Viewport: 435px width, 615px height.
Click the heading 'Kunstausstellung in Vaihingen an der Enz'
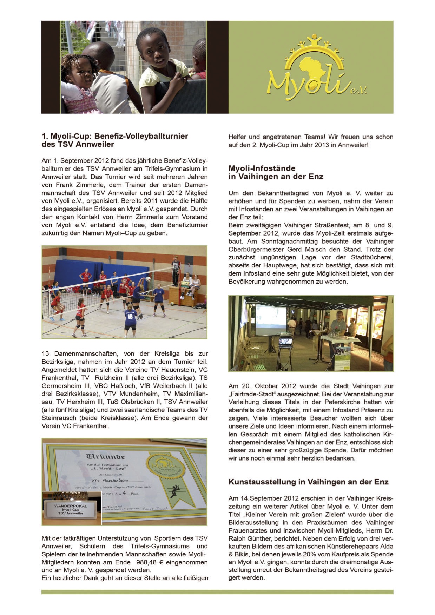(x=308, y=482)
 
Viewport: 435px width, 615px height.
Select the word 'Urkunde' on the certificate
(x=105, y=457)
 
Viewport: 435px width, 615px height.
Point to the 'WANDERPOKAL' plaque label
(x=71, y=506)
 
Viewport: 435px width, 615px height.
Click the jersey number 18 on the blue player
(x=130, y=316)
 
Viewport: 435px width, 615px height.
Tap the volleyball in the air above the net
(x=148, y=279)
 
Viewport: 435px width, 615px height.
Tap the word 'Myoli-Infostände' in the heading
(x=262, y=168)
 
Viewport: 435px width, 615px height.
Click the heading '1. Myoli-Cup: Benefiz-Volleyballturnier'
(x=115, y=136)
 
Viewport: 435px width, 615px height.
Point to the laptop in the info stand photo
(x=285, y=341)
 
